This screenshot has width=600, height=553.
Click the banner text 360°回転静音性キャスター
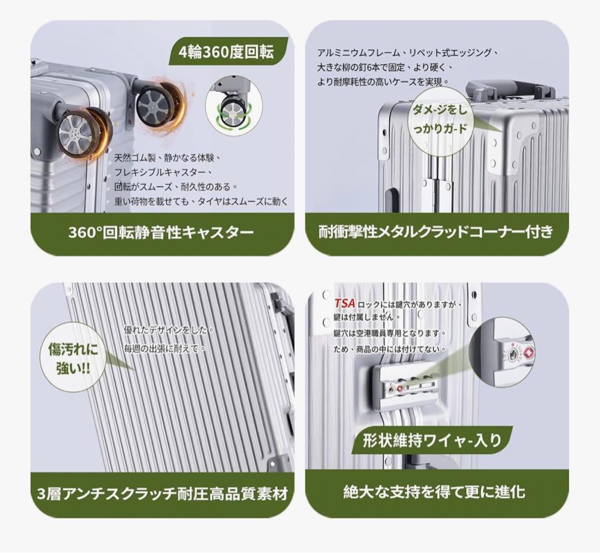161,232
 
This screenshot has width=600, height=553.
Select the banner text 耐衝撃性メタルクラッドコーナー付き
436,232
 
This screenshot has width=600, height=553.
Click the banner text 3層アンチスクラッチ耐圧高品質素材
163,494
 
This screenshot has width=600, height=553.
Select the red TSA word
344,303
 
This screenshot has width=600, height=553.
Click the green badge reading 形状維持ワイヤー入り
432,440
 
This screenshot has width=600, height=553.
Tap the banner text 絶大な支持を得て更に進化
434,492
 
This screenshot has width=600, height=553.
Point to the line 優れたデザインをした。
169,330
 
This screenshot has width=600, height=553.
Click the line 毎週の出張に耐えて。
165,348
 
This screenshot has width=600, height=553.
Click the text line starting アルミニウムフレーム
408,53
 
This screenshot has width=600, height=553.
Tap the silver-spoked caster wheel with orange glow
82,132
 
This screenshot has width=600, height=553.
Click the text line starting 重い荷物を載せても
201,201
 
